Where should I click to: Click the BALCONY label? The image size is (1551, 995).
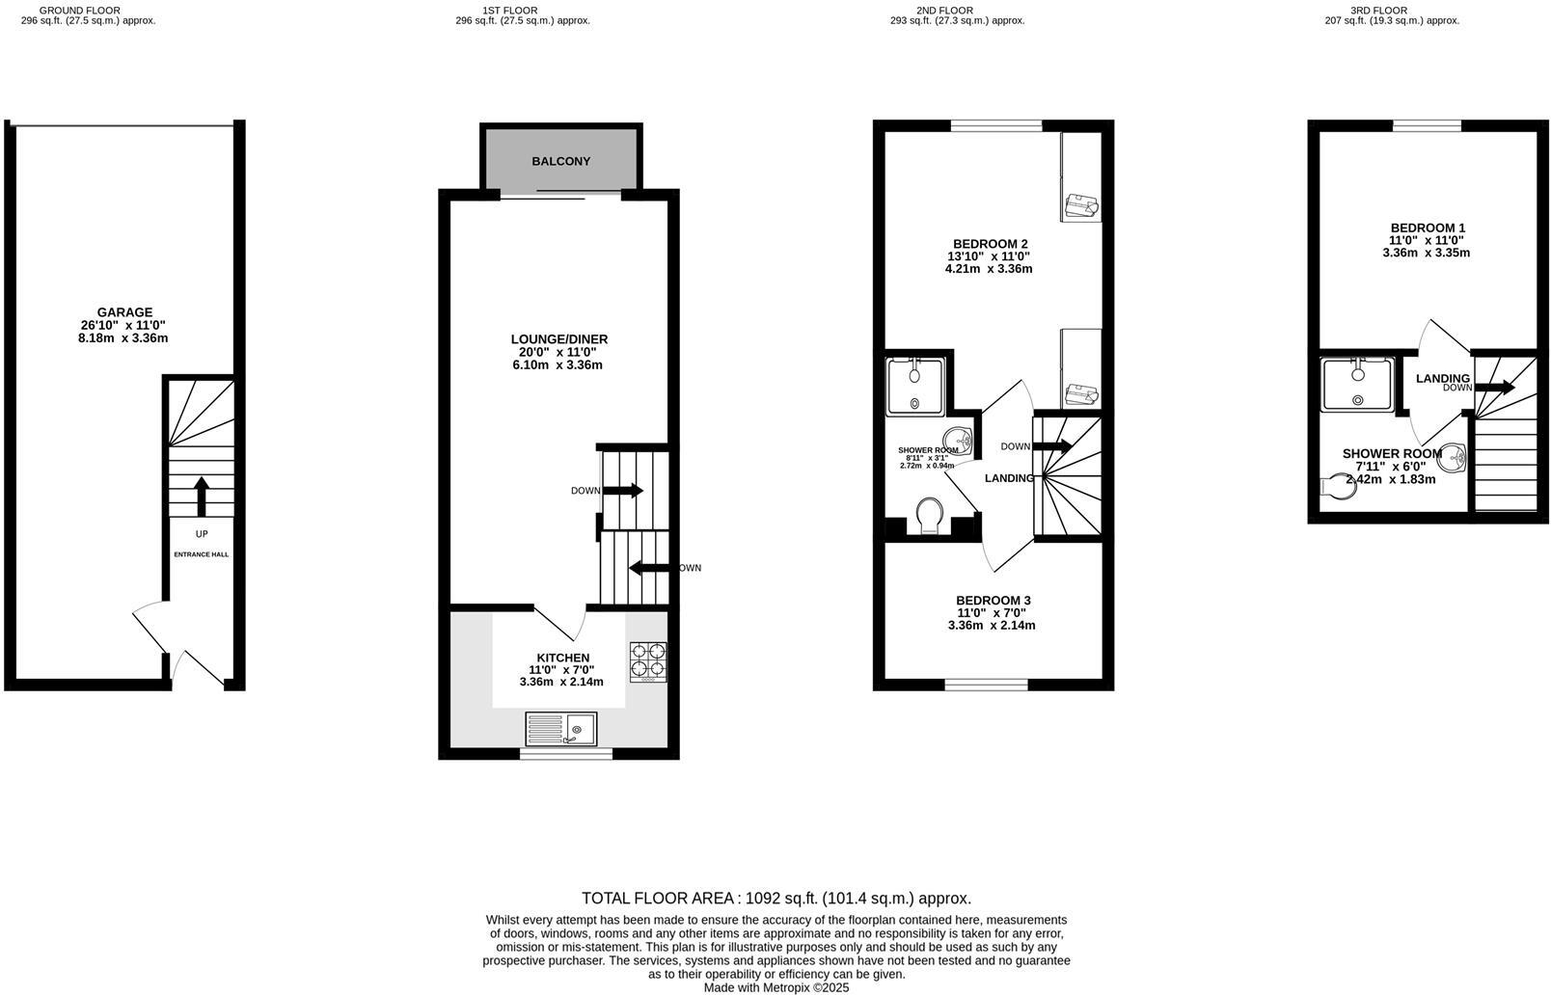coord(560,161)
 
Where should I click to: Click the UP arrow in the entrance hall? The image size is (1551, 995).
coord(201,497)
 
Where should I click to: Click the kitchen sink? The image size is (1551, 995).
coord(561,728)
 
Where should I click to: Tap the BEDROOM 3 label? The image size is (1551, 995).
coord(993,600)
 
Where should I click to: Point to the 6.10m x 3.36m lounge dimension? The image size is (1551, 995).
coord(558,365)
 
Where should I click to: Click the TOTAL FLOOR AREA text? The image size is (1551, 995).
coord(775,898)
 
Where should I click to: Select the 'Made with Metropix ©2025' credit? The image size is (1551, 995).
coord(775,987)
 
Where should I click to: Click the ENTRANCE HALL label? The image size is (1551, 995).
coord(201,554)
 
